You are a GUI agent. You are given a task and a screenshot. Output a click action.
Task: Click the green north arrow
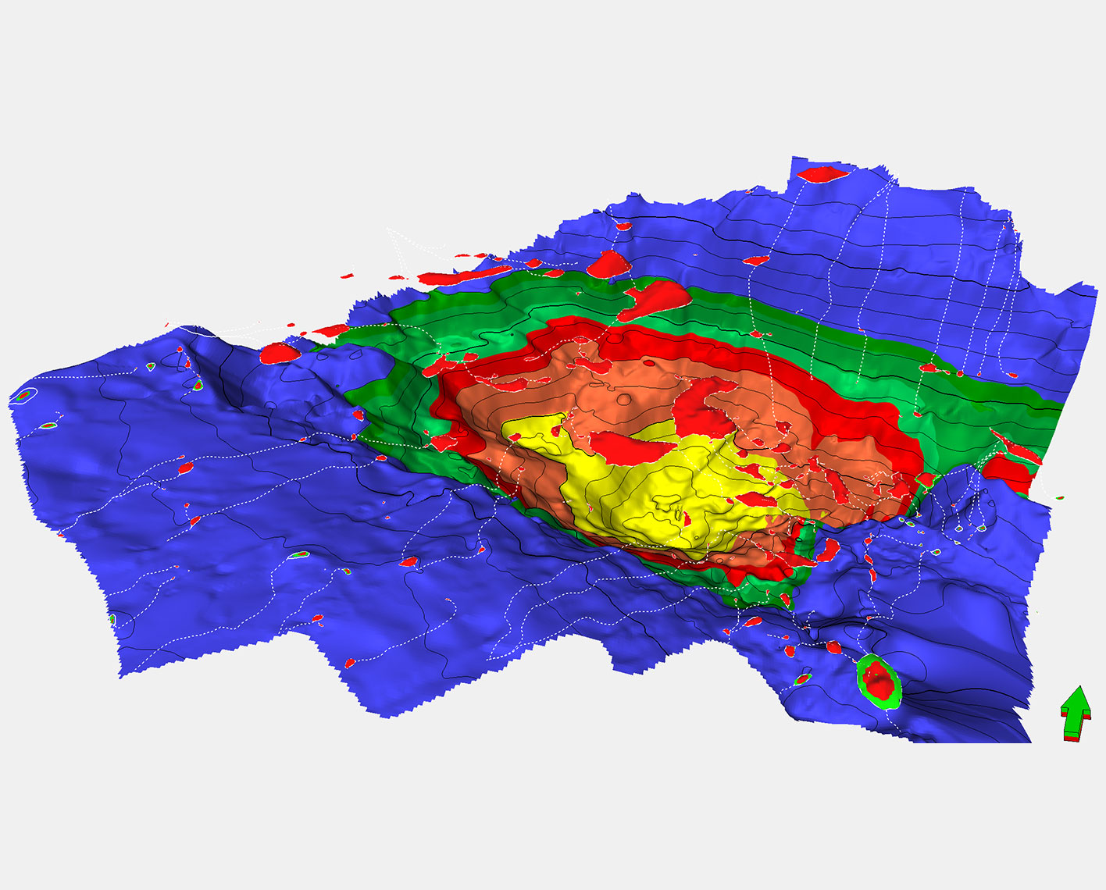[1075, 714]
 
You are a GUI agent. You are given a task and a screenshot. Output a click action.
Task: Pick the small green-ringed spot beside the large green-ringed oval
[803, 679]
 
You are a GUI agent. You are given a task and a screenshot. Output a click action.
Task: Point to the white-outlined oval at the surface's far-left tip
[23, 396]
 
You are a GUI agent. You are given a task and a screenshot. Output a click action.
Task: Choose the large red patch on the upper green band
[656, 301]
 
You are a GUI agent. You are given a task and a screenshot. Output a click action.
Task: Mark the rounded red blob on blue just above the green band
[608, 265]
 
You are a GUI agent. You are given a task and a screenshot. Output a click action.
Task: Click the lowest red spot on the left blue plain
[350, 663]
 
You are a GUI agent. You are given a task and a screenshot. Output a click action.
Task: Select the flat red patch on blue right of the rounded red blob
[756, 260]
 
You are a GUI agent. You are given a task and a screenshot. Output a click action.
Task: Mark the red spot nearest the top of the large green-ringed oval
[834, 646]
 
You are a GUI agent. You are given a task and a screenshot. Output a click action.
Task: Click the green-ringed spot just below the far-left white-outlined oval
[49, 425]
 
